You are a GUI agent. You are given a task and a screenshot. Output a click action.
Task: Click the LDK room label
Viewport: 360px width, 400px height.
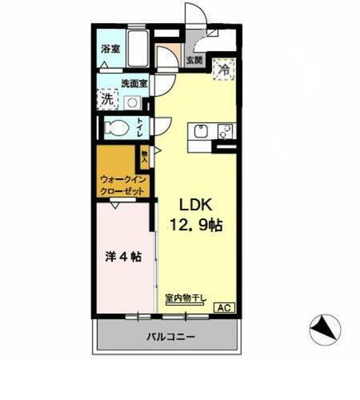click(x=194, y=203)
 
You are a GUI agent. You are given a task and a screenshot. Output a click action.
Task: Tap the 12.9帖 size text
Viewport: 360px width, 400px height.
click(x=194, y=226)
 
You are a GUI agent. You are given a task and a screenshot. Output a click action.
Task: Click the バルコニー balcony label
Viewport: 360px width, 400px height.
click(x=170, y=338)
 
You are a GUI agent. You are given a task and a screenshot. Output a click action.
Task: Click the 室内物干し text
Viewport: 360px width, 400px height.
click(x=186, y=298)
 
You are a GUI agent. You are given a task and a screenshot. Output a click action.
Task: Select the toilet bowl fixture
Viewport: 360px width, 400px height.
click(x=116, y=127)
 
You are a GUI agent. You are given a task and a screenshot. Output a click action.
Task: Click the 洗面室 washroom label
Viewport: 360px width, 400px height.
click(x=134, y=83)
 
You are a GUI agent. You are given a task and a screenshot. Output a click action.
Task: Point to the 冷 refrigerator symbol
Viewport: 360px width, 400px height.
click(x=223, y=69)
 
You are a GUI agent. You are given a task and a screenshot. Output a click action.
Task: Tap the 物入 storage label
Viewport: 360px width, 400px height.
click(x=144, y=154)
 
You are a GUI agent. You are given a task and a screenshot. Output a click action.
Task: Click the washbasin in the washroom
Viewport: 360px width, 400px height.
click(x=132, y=102)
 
